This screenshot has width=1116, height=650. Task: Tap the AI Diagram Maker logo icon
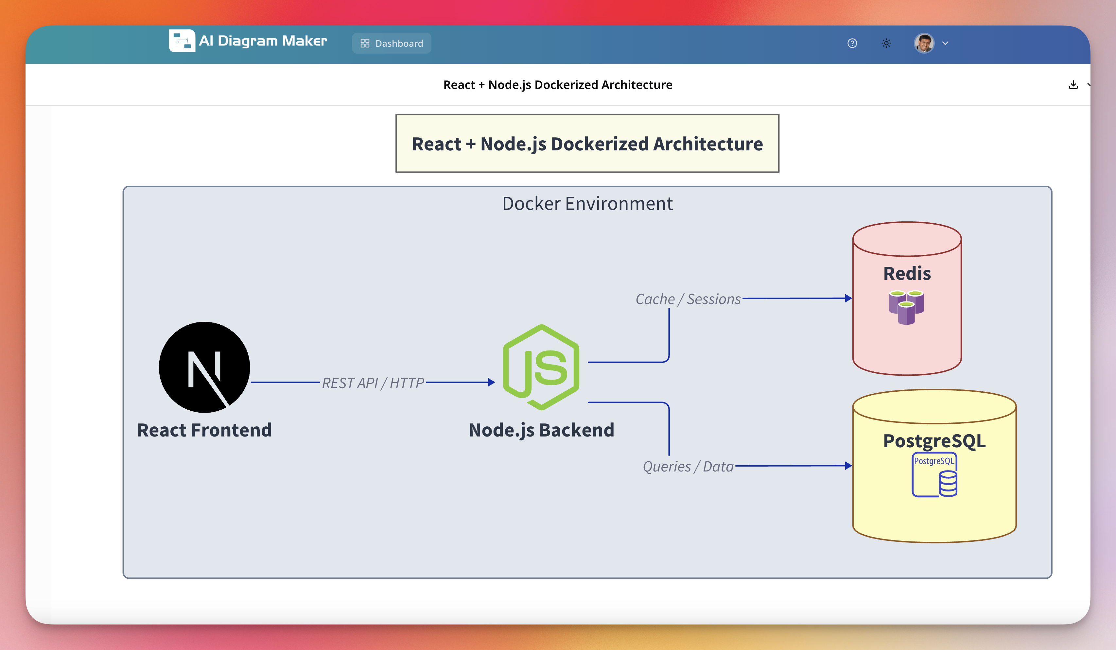point(182,41)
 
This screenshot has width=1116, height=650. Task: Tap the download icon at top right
point(1073,85)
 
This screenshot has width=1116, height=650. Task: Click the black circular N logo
point(204,367)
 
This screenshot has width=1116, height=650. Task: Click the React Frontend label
point(204,430)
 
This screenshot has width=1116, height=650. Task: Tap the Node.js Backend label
point(541,430)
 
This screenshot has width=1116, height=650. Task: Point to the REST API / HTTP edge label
point(373,383)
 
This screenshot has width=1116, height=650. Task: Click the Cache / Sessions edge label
point(688,299)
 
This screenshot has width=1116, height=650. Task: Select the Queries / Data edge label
point(688,467)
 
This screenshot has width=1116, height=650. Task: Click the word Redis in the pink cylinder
point(907,274)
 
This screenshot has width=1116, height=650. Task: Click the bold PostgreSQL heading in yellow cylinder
point(934,441)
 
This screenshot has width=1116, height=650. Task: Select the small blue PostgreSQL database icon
point(934,475)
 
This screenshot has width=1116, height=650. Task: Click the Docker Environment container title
point(587,204)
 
